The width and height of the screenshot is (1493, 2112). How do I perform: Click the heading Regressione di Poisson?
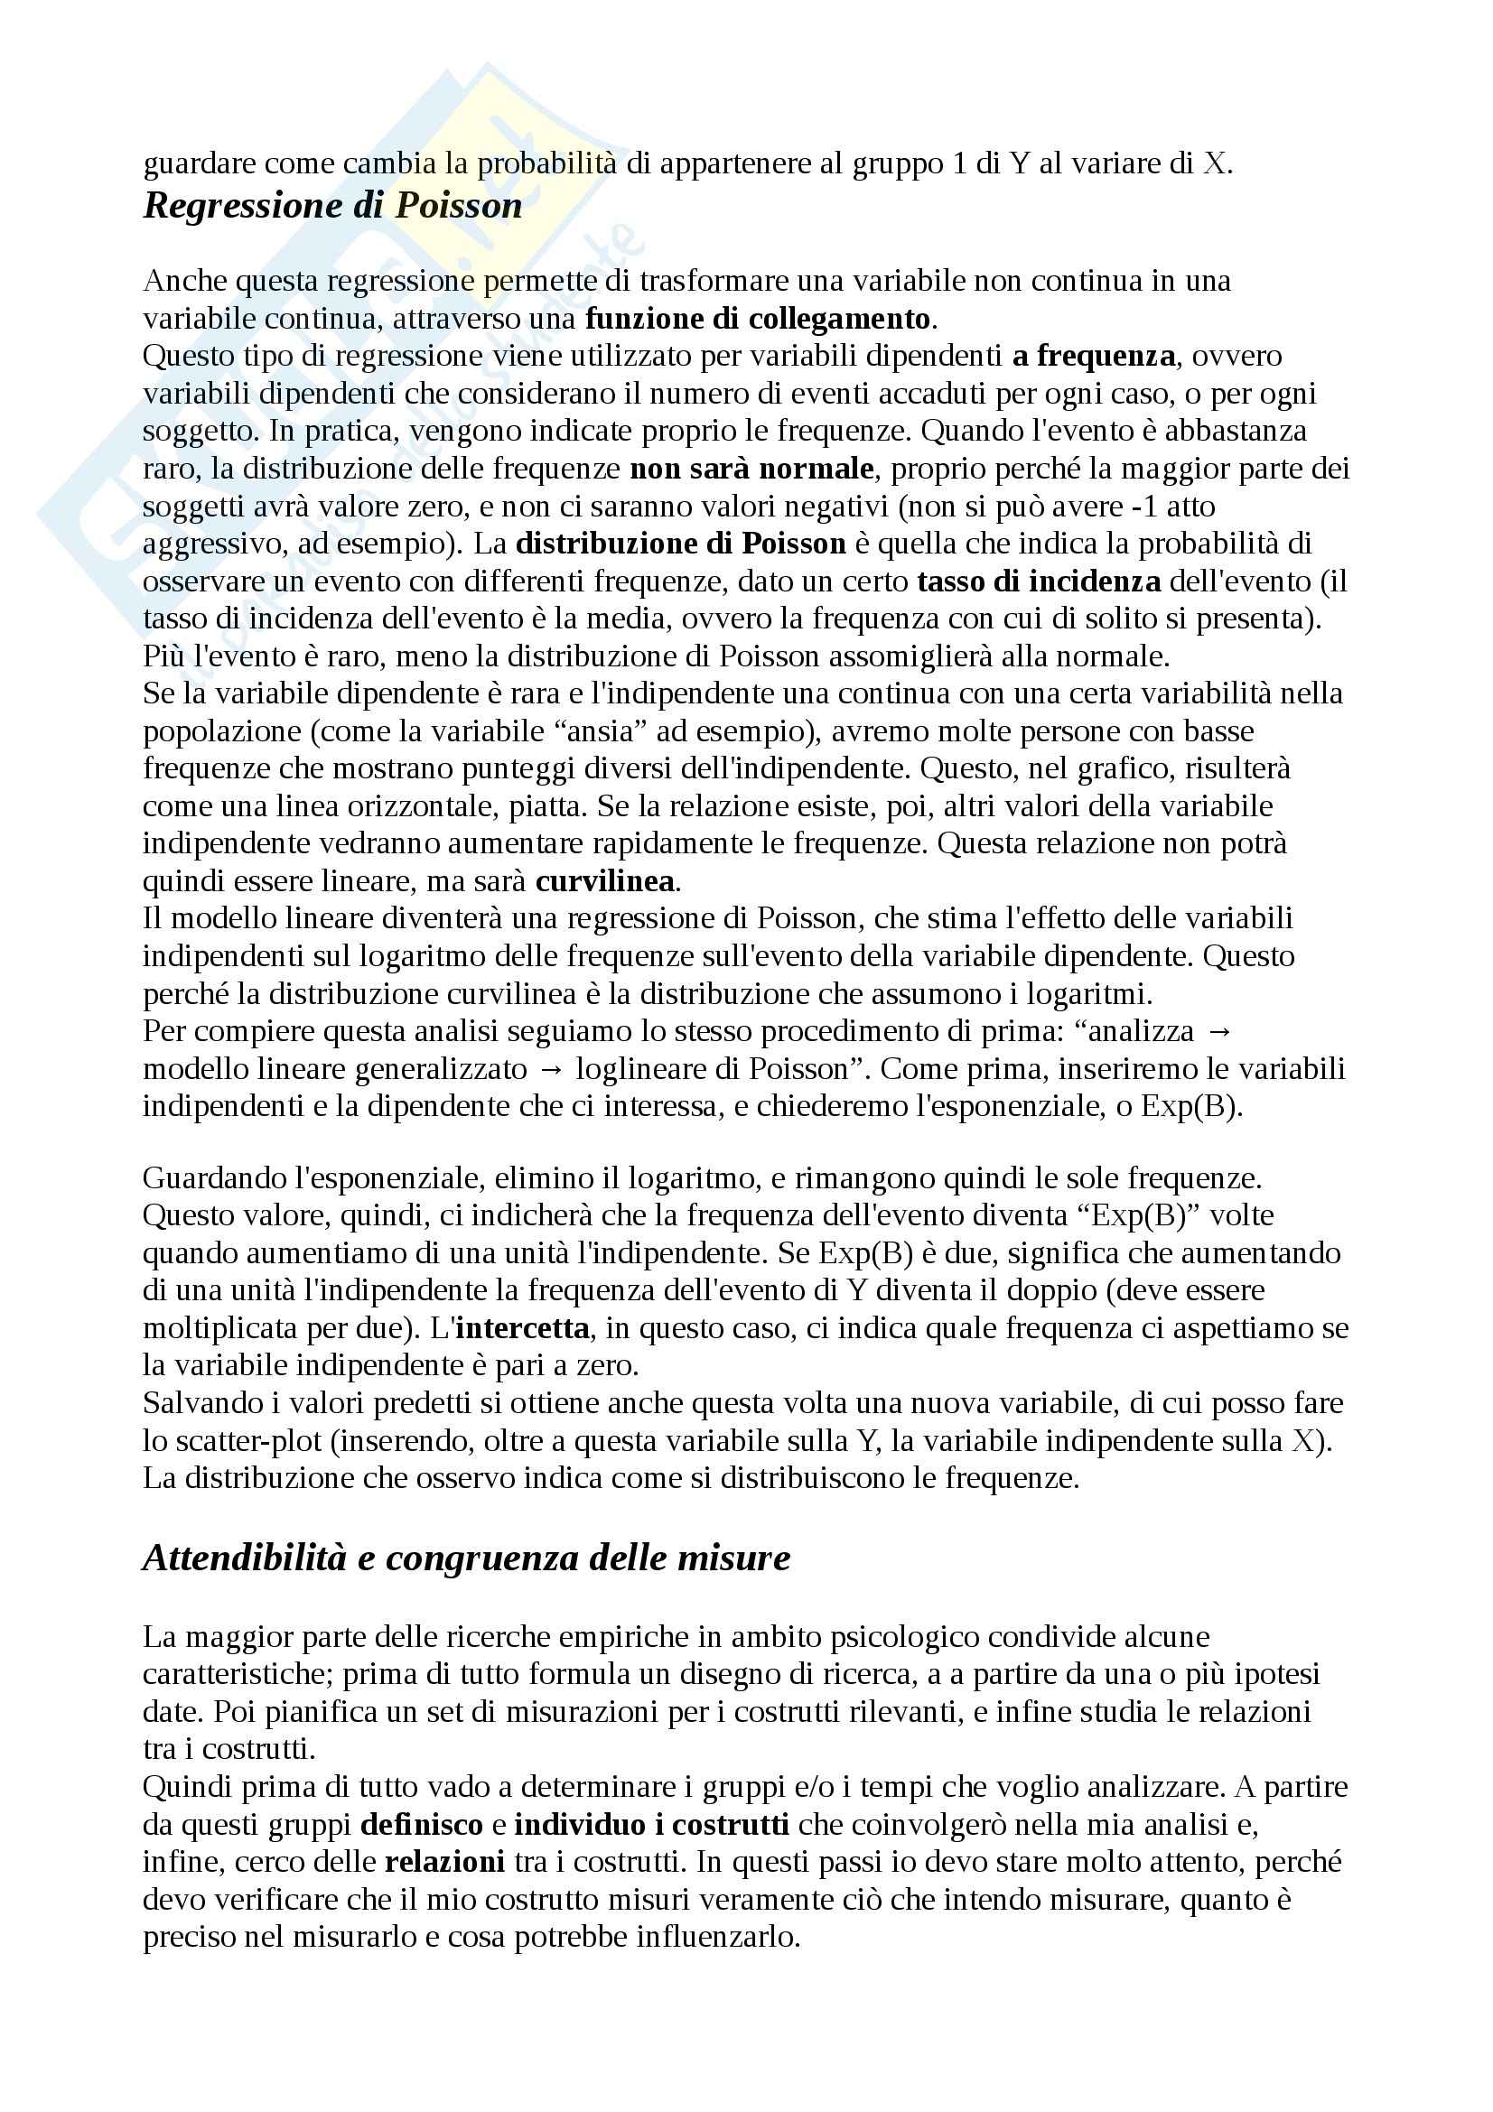[332, 205]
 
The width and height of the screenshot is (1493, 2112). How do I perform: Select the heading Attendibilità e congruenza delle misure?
[466, 1558]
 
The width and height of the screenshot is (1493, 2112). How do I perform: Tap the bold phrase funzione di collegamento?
[758, 318]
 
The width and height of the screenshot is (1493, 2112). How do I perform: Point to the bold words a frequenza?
[1094, 356]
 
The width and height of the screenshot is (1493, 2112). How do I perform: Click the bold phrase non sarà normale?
[751, 470]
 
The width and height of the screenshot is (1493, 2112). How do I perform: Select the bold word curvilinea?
[605, 881]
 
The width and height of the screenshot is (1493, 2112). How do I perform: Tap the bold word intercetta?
[522, 1328]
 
